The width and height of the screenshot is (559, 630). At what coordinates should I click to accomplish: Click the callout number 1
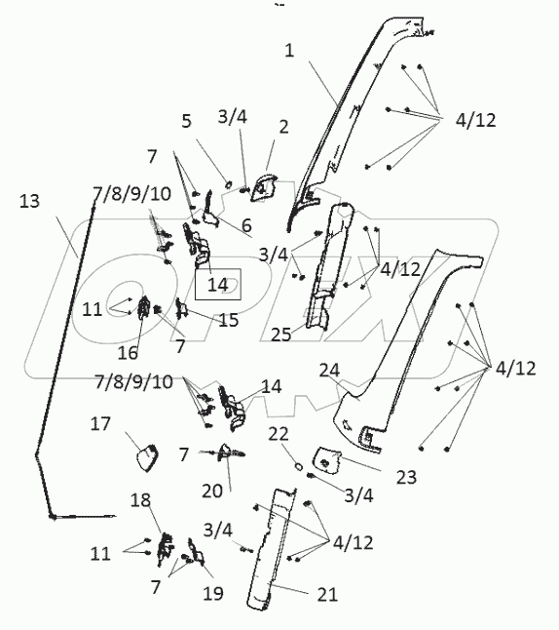click(x=289, y=51)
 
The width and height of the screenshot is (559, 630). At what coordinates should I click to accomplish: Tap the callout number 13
click(x=29, y=201)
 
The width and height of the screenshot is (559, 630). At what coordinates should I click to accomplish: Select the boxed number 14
click(x=218, y=285)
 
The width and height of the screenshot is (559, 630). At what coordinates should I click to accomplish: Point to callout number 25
click(x=280, y=335)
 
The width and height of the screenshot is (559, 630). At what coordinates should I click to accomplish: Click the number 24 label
click(x=329, y=370)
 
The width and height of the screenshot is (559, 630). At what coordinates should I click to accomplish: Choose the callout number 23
click(x=406, y=477)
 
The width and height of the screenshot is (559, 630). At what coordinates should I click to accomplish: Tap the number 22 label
click(x=279, y=434)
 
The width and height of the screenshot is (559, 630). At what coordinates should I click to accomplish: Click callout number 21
click(x=327, y=595)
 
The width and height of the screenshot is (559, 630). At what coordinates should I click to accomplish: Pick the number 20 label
click(x=212, y=491)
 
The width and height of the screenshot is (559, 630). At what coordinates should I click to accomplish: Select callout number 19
click(x=212, y=593)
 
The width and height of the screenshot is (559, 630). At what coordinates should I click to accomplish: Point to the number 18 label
click(x=140, y=500)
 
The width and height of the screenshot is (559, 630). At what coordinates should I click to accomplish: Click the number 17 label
click(x=100, y=424)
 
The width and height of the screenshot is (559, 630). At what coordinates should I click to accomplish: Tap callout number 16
click(x=128, y=353)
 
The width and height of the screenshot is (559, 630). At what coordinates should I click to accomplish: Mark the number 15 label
click(x=228, y=320)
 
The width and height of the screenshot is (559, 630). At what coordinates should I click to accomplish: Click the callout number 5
click(x=186, y=121)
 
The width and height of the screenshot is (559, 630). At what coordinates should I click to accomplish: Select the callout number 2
click(x=283, y=127)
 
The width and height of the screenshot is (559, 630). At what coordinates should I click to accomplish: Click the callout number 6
click(x=246, y=226)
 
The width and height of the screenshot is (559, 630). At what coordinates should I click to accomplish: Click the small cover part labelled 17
click(x=147, y=457)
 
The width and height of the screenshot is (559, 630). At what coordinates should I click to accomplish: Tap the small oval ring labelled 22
click(x=299, y=466)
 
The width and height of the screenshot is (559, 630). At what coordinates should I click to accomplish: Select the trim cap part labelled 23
click(x=327, y=458)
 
